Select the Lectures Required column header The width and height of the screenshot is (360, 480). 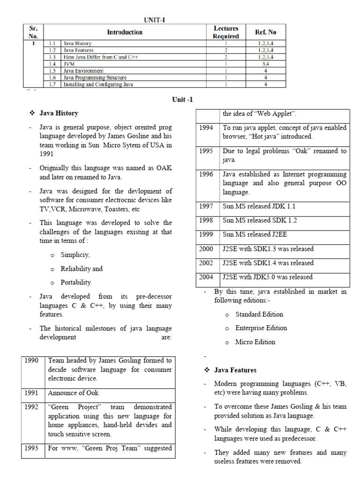226,32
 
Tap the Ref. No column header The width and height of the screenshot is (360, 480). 265,32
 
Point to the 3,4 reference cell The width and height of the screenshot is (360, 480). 265,63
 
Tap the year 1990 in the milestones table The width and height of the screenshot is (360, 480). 32,360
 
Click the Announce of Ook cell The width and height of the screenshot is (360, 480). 73,392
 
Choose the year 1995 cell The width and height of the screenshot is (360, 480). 206,151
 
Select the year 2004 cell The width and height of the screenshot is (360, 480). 206,277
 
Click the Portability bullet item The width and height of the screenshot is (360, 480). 76,283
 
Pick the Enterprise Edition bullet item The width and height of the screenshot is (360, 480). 261,328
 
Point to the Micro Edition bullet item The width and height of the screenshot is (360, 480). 255,342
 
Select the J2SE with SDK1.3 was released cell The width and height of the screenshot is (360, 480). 268,249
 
